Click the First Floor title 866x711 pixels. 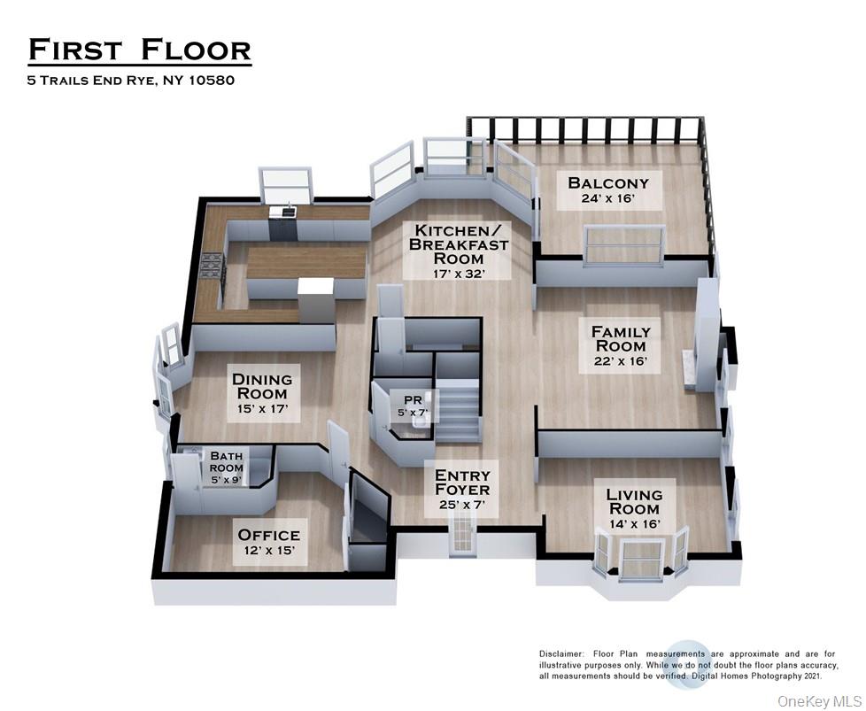click(139, 50)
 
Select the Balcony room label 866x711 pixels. click(607, 183)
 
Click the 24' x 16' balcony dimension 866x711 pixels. click(607, 199)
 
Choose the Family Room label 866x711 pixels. click(627, 338)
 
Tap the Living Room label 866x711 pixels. click(633, 501)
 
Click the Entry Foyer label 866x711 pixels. click(461, 483)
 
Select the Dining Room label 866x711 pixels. click(261, 386)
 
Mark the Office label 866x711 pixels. click(268, 535)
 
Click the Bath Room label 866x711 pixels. click(226, 462)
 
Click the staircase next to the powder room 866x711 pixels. click(458, 410)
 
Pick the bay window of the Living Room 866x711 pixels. click(638, 556)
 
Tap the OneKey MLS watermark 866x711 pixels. click(817, 700)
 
